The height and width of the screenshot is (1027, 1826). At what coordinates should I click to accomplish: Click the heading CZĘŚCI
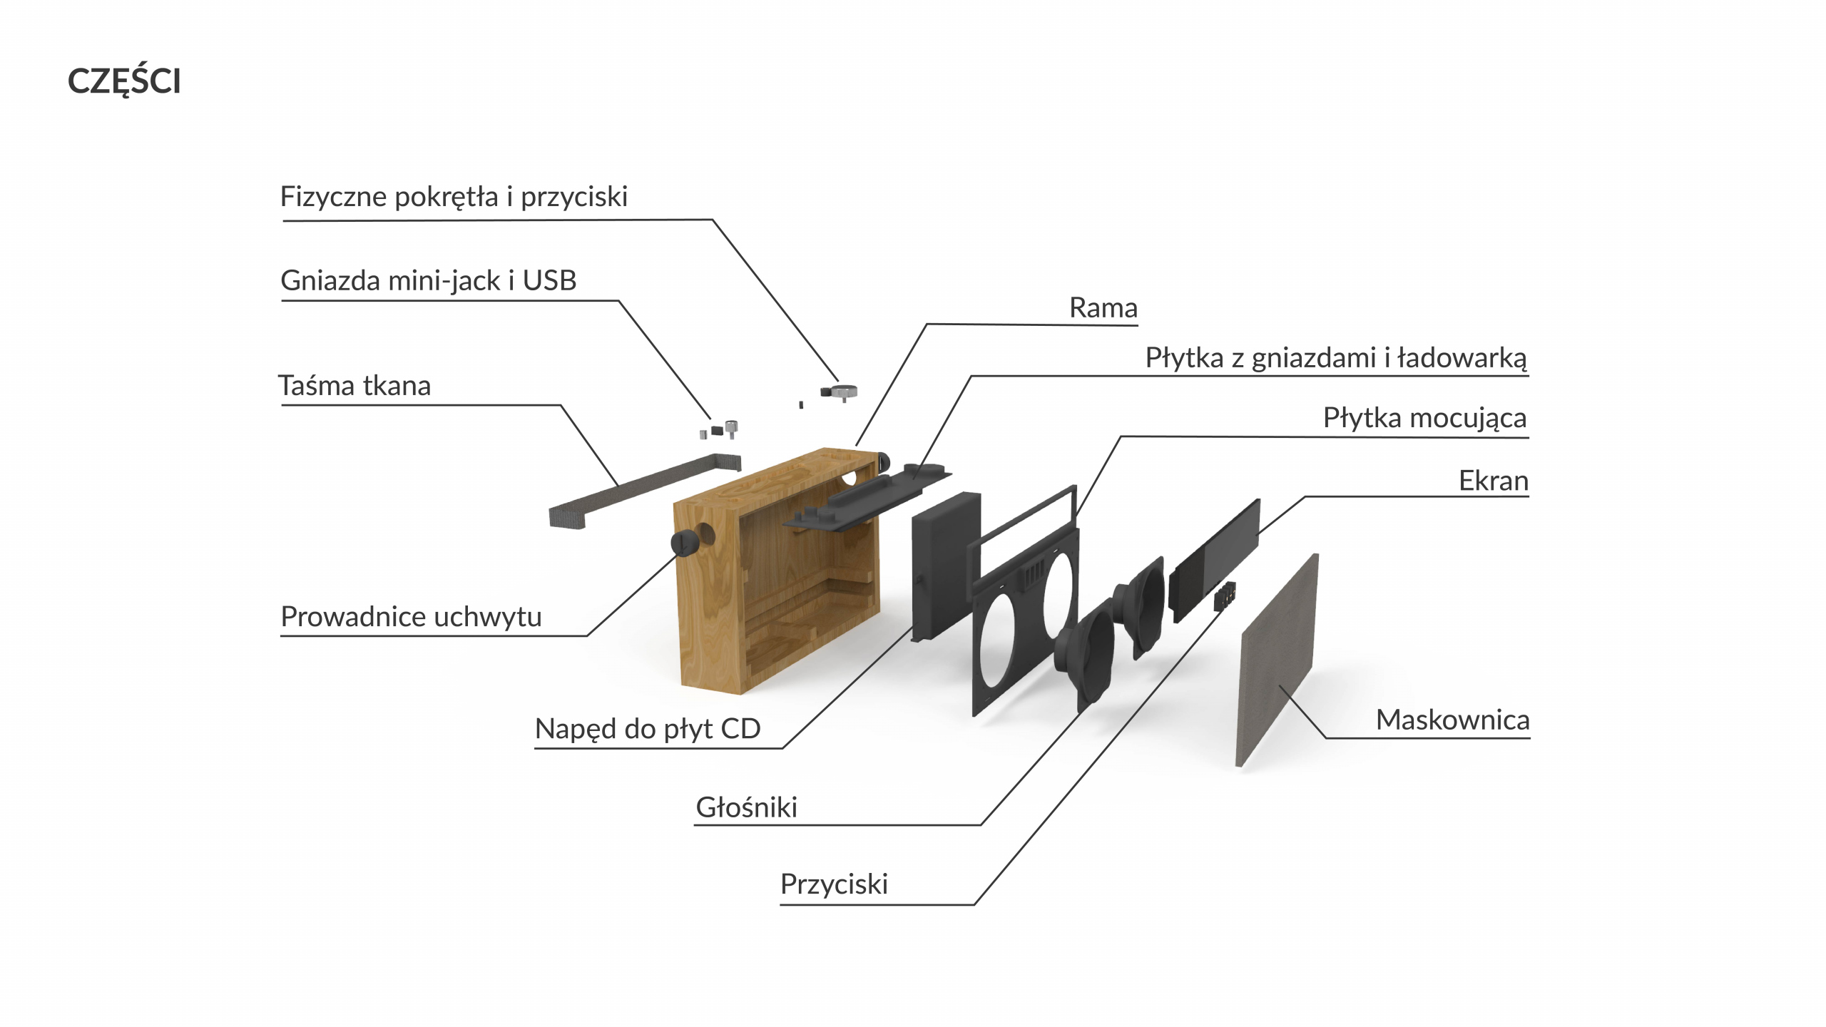(124, 81)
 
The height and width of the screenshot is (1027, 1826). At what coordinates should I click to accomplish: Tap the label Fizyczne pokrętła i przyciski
(454, 197)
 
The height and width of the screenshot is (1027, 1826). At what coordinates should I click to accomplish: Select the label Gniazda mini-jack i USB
(428, 281)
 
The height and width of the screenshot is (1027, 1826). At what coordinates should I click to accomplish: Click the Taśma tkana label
(355, 386)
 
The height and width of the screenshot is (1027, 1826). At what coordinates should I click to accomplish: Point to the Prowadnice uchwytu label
(411, 617)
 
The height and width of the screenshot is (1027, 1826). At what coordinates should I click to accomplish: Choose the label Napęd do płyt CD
(648, 729)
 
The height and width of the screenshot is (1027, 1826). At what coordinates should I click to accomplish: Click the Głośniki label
(746, 807)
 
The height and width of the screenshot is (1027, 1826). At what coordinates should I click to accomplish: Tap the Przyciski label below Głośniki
(834, 884)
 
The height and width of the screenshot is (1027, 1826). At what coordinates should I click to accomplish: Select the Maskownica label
(1452, 720)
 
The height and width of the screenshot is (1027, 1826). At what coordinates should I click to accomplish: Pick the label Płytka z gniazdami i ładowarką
(1335, 358)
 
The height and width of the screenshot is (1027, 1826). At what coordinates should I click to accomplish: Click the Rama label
(1103, 308)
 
